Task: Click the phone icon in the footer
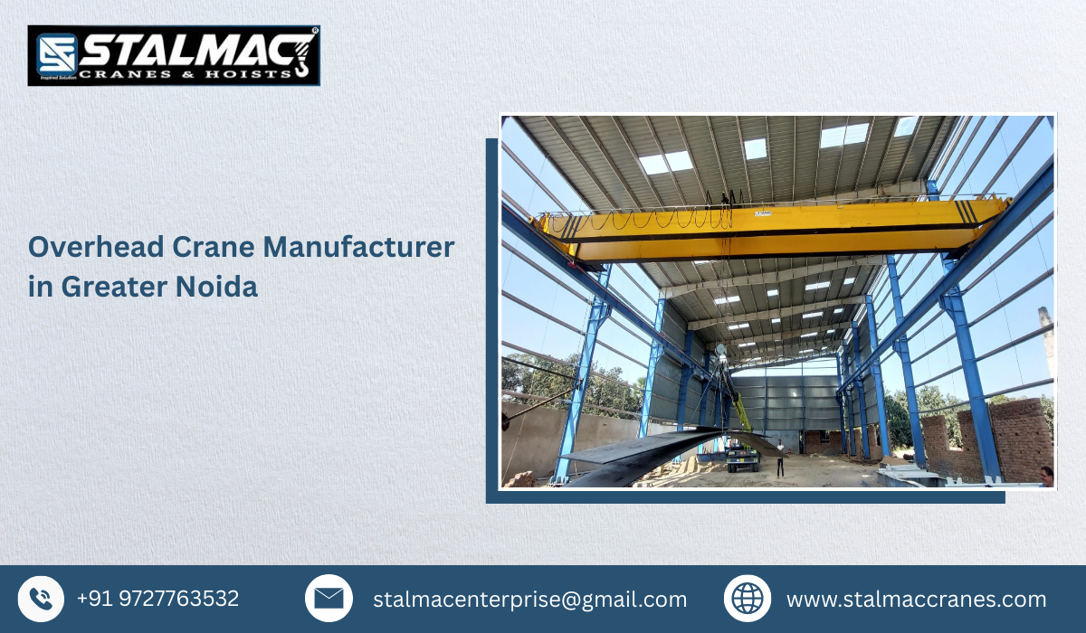[41, 599]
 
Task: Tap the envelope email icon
[329, 599]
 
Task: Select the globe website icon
[748, 599]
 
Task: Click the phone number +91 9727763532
[157, 599]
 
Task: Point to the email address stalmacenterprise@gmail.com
[529, 600]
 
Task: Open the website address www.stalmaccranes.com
[916, 600]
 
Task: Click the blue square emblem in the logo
[56, 54]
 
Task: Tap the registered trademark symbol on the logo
[314, 32]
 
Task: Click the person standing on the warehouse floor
[780, 458]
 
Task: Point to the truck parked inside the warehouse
[742, 460]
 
